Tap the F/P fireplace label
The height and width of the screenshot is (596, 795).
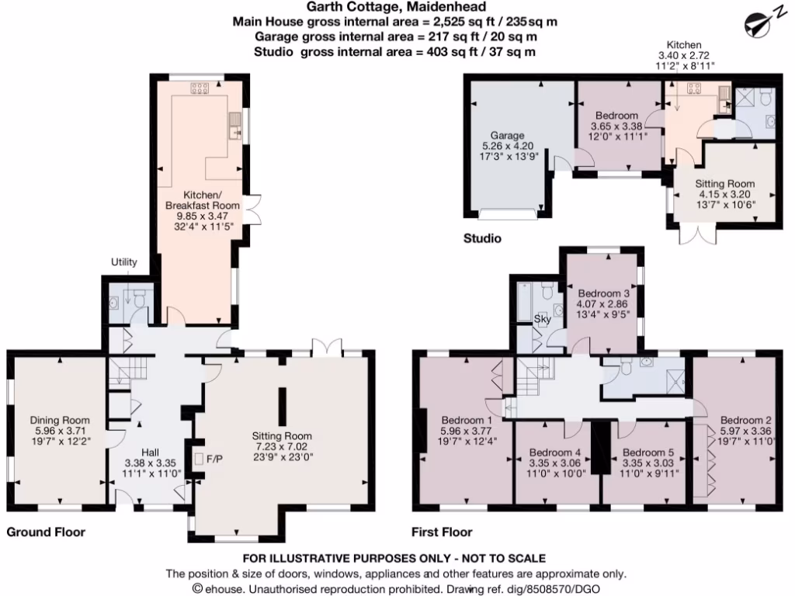[214, 459]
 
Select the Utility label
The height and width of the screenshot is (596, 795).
[123, 262]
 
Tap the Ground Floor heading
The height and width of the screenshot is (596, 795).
[46, 532]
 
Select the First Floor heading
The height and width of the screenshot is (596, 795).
[441, 532]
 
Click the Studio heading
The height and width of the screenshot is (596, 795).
[481, 237]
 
